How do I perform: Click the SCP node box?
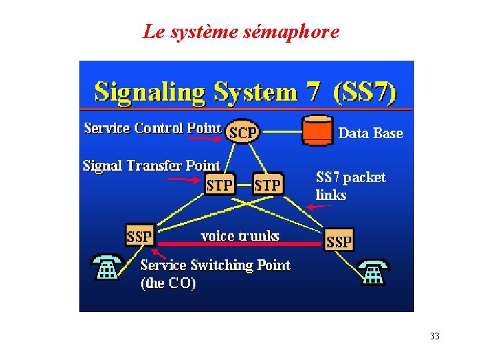242,132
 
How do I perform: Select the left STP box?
220,184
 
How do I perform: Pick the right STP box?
267,184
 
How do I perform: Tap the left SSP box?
140,235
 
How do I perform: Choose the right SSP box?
339,241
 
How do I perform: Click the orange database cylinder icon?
317,130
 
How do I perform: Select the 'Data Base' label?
371,133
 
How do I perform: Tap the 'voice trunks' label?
240,235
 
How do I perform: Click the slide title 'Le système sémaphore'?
241,31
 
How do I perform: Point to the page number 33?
435,336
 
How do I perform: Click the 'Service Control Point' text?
152,127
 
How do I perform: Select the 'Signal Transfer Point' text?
151,165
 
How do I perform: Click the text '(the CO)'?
168,283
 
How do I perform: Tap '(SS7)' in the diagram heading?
367,91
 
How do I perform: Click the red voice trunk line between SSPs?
240,245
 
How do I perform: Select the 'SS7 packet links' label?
349,185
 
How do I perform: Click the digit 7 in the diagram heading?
313,91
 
